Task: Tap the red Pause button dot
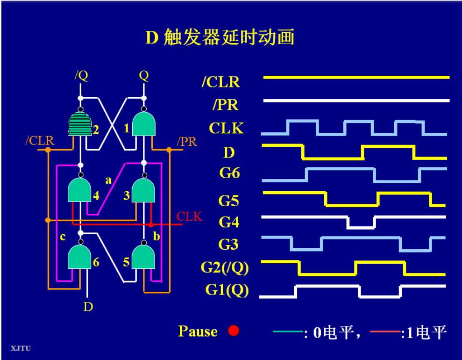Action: tap(234, 331)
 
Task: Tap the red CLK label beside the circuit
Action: tap(189, 216)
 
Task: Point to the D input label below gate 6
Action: tap(88, 307)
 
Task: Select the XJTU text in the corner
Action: tap(19, 347)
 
